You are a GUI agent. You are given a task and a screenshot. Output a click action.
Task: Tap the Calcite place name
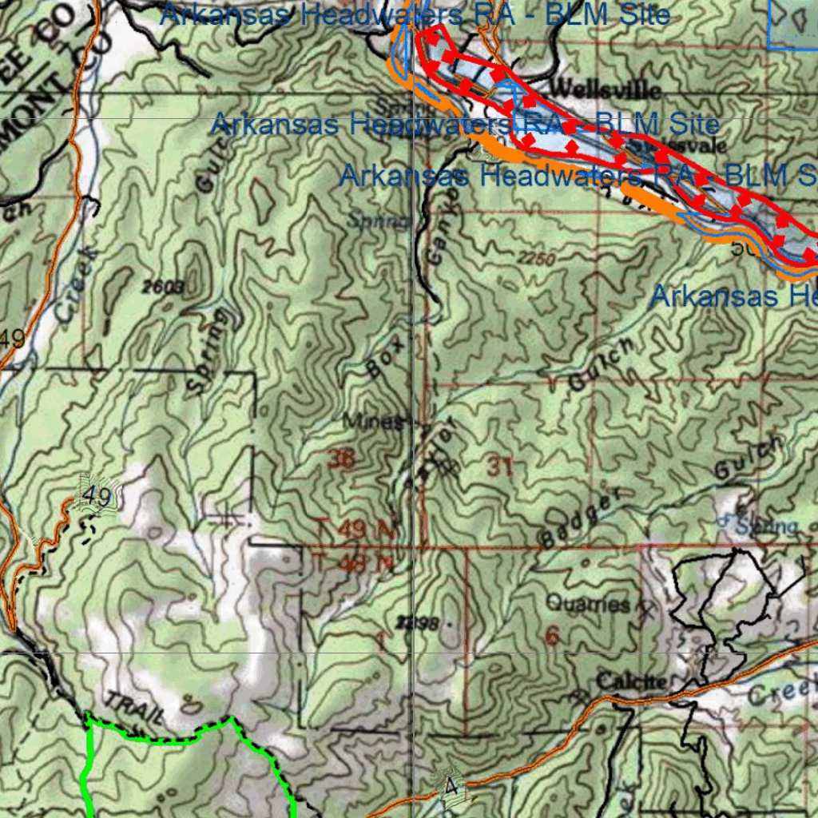[x=631, y=681]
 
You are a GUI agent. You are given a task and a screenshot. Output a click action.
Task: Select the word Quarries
[x=588, y=604]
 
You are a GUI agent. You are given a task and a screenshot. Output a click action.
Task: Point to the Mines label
[x=373, y=421]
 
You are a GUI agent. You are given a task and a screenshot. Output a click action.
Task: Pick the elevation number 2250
[x=535, y=259]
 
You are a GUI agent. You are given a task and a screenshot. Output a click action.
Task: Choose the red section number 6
[x=551, y=635]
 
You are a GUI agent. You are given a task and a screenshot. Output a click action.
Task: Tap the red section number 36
[x=340, y=459]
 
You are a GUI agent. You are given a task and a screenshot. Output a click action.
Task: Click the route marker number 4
[x=451, y=788]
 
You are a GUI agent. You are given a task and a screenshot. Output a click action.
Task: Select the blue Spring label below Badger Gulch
[x=766, y=526]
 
